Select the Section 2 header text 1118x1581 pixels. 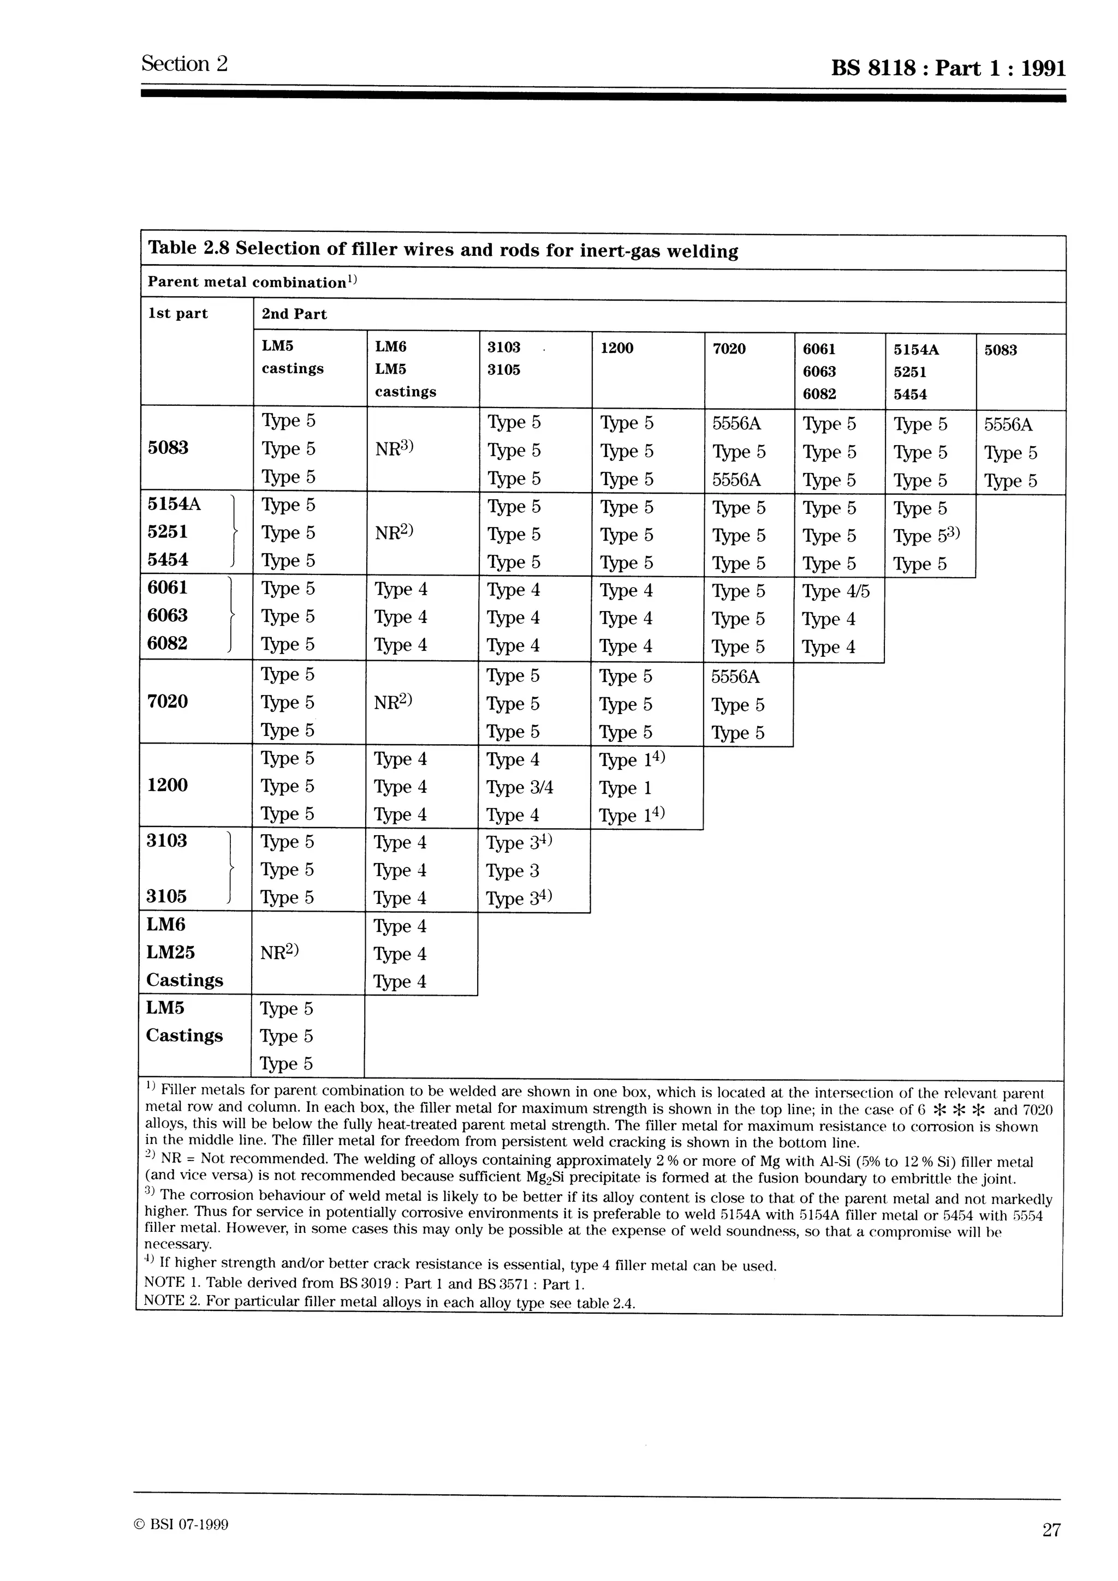pos(184,63)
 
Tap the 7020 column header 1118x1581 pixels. pos(729,349)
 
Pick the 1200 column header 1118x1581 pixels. pos(616,348)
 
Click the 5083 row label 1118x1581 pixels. pos(168,448)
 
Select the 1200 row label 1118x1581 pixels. pos(168,785)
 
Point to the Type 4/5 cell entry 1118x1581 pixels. pos(836,591)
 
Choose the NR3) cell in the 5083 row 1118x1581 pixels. pos(394,449)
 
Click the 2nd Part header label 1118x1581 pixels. pos(294,314)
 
